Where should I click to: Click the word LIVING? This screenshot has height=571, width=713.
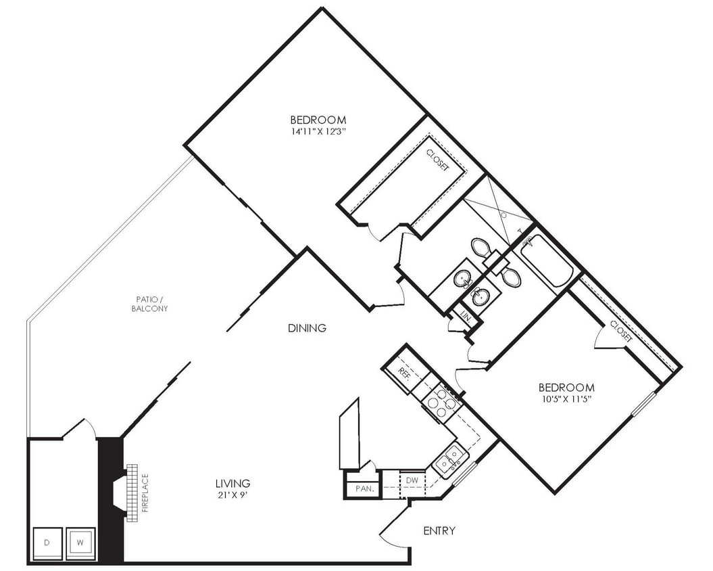coord(232,484)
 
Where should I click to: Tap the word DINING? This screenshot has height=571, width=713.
coord(307,328)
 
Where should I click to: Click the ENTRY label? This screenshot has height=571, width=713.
coord(439,530)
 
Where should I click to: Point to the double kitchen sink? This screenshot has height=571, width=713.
coord(451,458)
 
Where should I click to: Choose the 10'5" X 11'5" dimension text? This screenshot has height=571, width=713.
coord(566,399)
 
